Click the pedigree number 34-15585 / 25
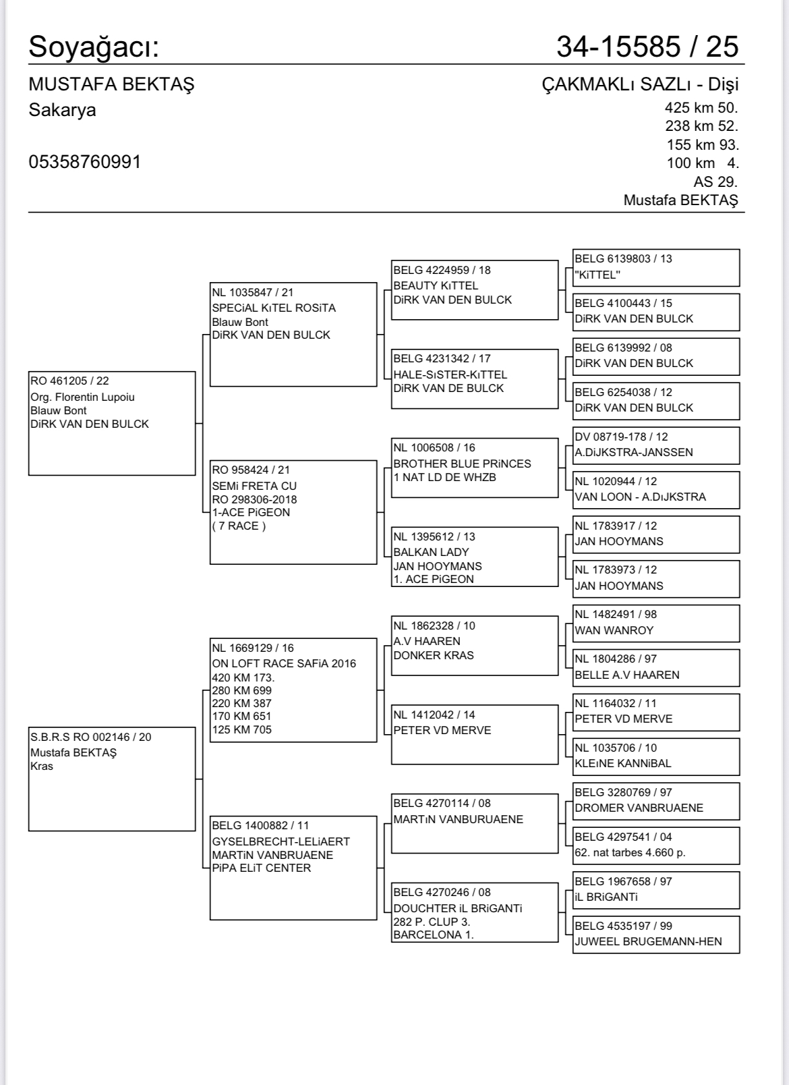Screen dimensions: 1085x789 [x=647, y=47]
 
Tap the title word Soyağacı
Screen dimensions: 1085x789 [x=94, y=47]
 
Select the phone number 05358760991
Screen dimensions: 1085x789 [x=85, y=162]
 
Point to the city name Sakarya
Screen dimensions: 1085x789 [x=62, y=110]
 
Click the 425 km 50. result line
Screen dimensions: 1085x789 [x=701, y=107]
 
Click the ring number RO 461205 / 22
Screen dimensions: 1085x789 [x=69, y=381]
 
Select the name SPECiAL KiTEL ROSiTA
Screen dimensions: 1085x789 [x=273, y=308]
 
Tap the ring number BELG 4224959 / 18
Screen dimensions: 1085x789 [x=442, y=270]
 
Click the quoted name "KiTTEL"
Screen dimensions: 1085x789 [x=597, y=275]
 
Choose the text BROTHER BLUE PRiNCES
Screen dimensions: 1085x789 [x=462, y=464]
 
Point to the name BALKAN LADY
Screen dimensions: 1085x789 [x=431, y=552]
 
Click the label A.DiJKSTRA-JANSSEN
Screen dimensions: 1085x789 [x=633, y=452]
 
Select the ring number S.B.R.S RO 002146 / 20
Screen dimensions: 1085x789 [x=90, y=737]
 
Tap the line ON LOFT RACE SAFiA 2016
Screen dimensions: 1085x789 [x=284, y=663]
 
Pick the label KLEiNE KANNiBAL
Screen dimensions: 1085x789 [x=622, y=763]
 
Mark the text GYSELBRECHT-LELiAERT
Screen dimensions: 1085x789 [x=281, y=841]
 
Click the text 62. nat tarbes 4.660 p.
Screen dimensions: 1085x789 [x=630, y=852]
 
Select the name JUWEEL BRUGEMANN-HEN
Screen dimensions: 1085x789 [x=648, y=941]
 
